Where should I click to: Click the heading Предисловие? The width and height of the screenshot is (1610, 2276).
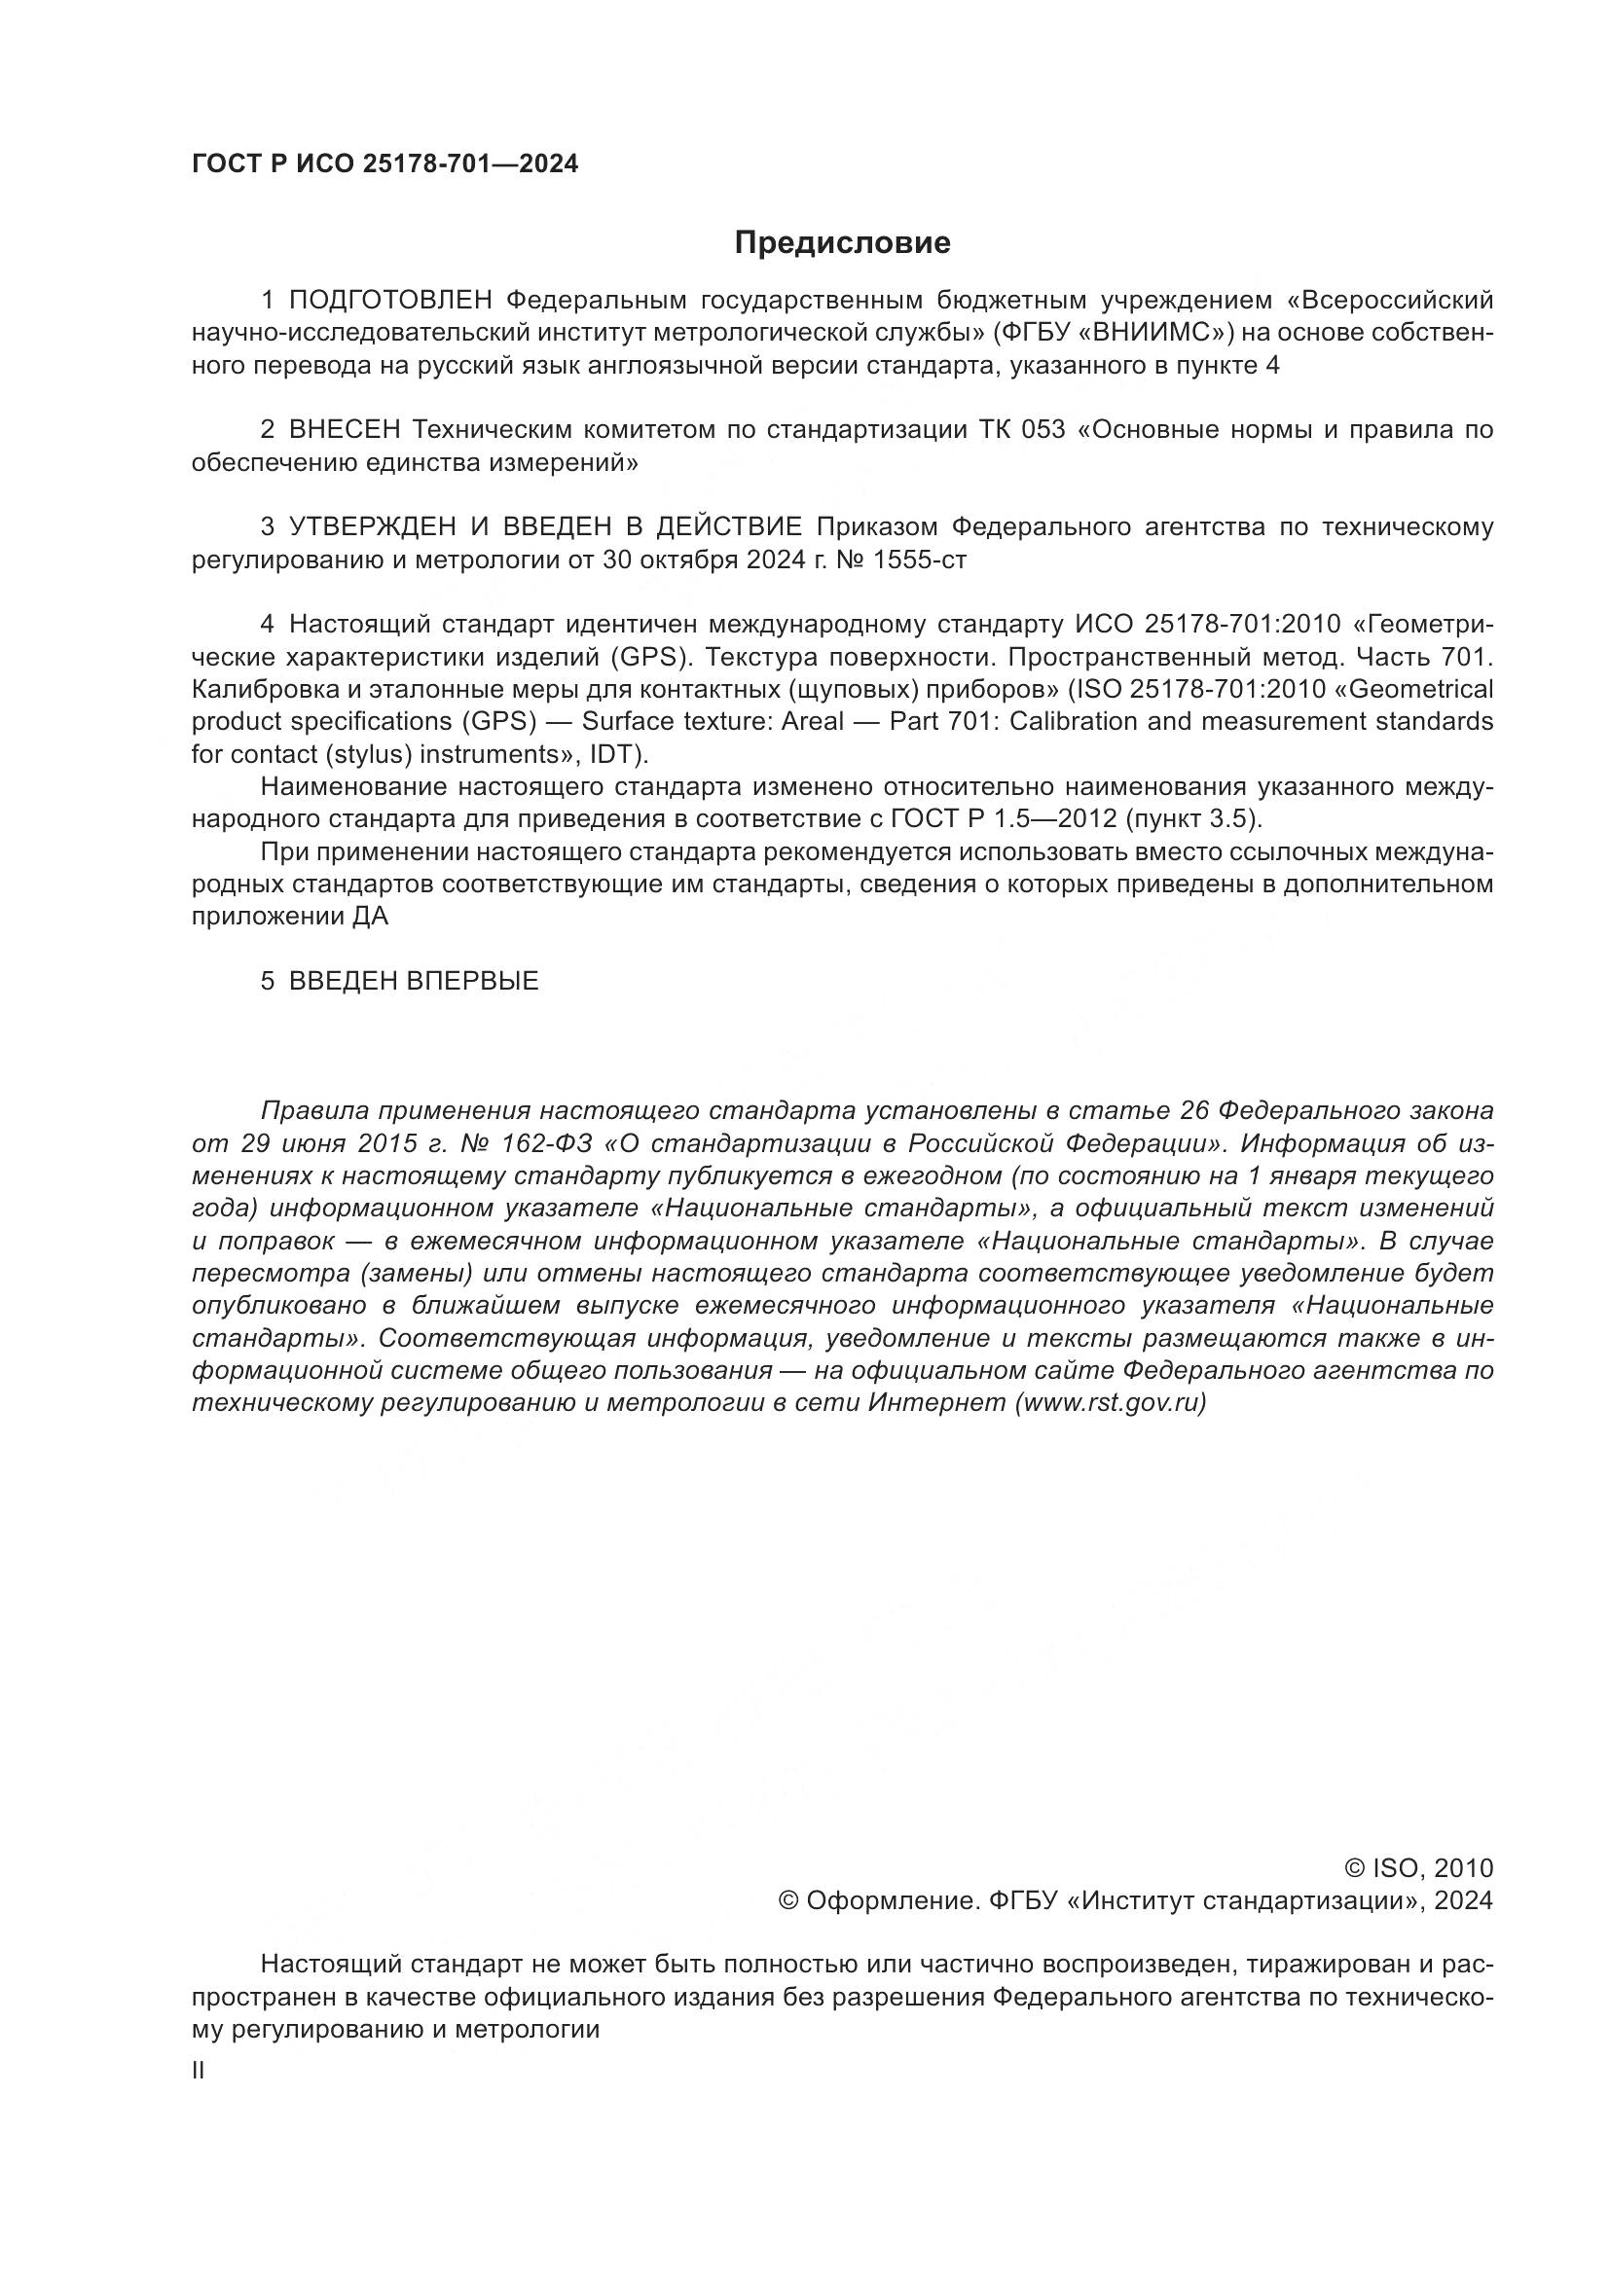point(842,243)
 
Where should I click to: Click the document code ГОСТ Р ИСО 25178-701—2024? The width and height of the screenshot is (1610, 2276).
point(384,164)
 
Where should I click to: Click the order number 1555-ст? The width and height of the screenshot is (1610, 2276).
point(918,560)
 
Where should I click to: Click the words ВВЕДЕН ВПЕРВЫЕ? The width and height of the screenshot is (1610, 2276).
point(414,982)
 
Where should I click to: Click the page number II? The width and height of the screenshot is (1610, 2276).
point(199,2070)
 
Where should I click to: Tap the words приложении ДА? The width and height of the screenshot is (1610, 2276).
point(289,917)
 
